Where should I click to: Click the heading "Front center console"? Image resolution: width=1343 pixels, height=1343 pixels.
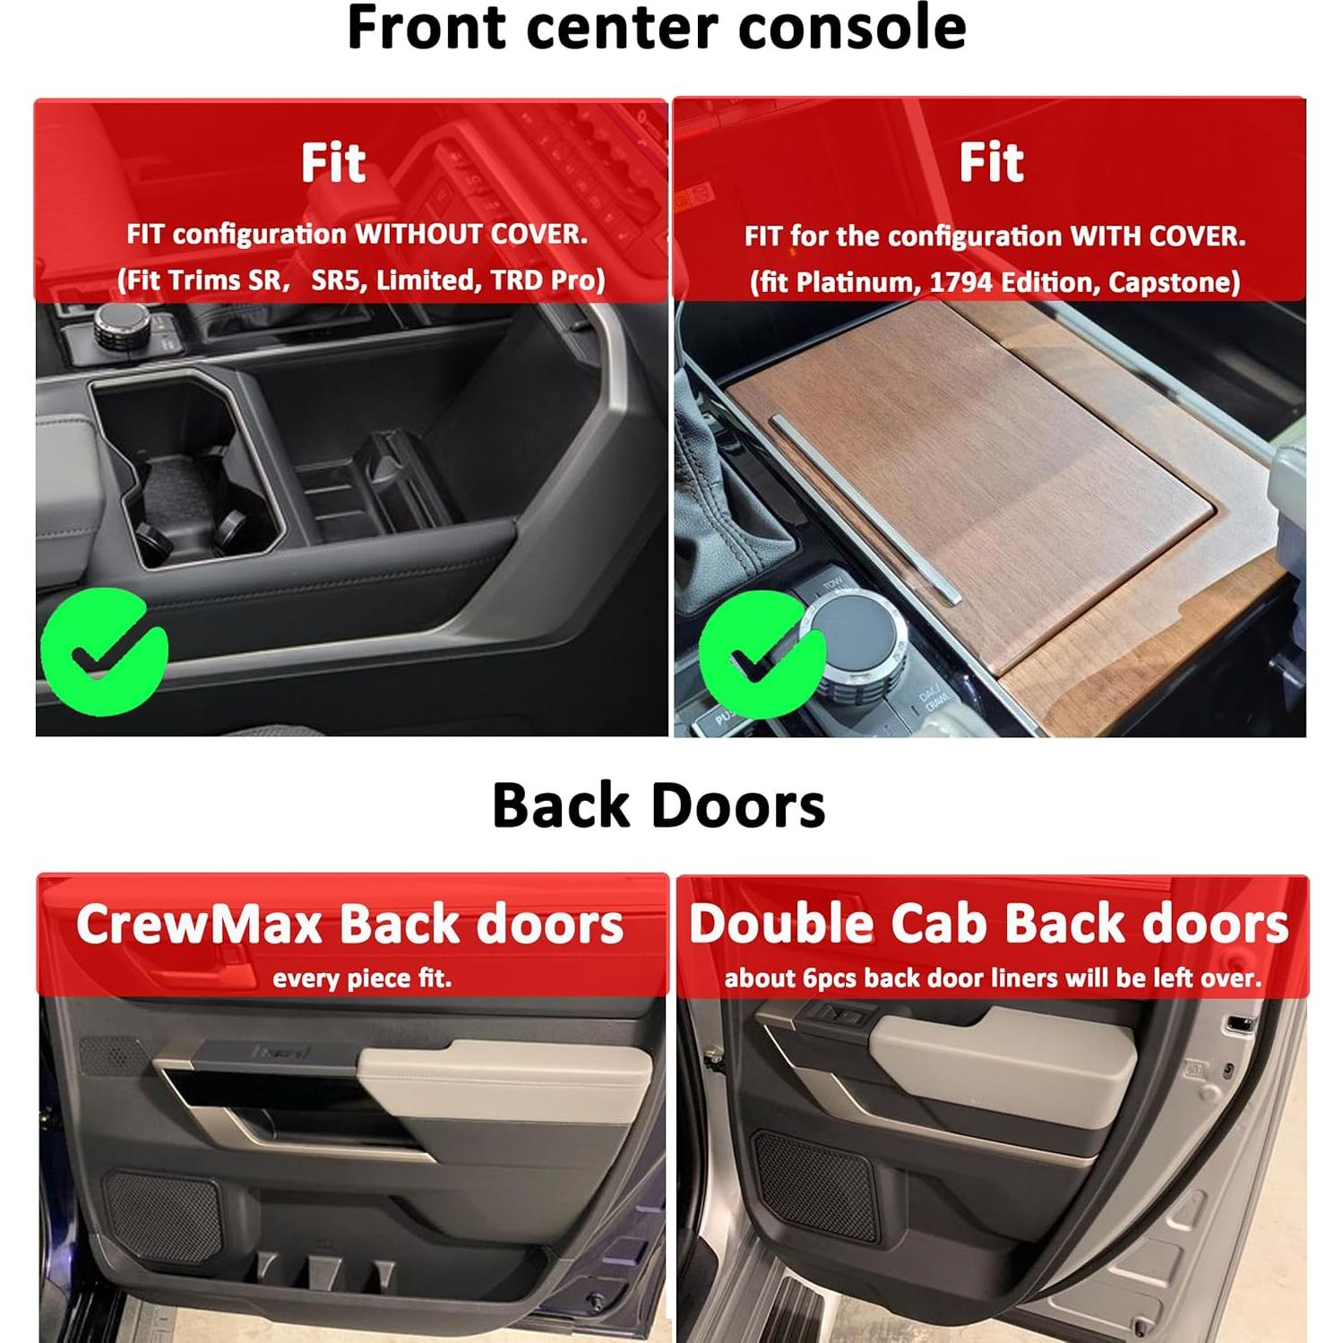pos(656,29)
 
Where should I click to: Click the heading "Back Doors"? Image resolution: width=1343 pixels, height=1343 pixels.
pos(659,805)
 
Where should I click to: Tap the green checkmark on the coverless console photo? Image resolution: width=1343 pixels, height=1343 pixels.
pos(103,651)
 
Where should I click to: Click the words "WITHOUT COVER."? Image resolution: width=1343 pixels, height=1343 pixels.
pos(472,235)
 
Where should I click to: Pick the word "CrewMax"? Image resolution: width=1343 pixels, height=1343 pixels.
pos(199,925)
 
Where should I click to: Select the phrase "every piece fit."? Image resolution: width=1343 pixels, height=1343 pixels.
pos(362,978)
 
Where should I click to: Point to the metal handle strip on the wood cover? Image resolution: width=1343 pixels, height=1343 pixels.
pos(865,506)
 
